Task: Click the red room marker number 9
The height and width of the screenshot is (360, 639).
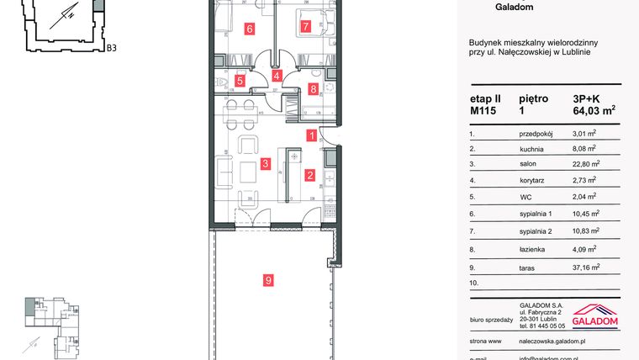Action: (x=268, y=281)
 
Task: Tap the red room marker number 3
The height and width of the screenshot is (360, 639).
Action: (x=264, y=164)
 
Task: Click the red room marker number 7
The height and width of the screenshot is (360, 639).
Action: (x=305, y=26)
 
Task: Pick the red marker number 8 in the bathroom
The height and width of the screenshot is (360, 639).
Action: (x=314, y=88)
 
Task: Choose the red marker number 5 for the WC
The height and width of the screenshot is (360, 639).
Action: (x=240, y=82)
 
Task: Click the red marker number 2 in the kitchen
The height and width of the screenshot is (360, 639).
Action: (x=310, y=176)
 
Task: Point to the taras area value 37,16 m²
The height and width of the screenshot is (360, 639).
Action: (x=584, y=268)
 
